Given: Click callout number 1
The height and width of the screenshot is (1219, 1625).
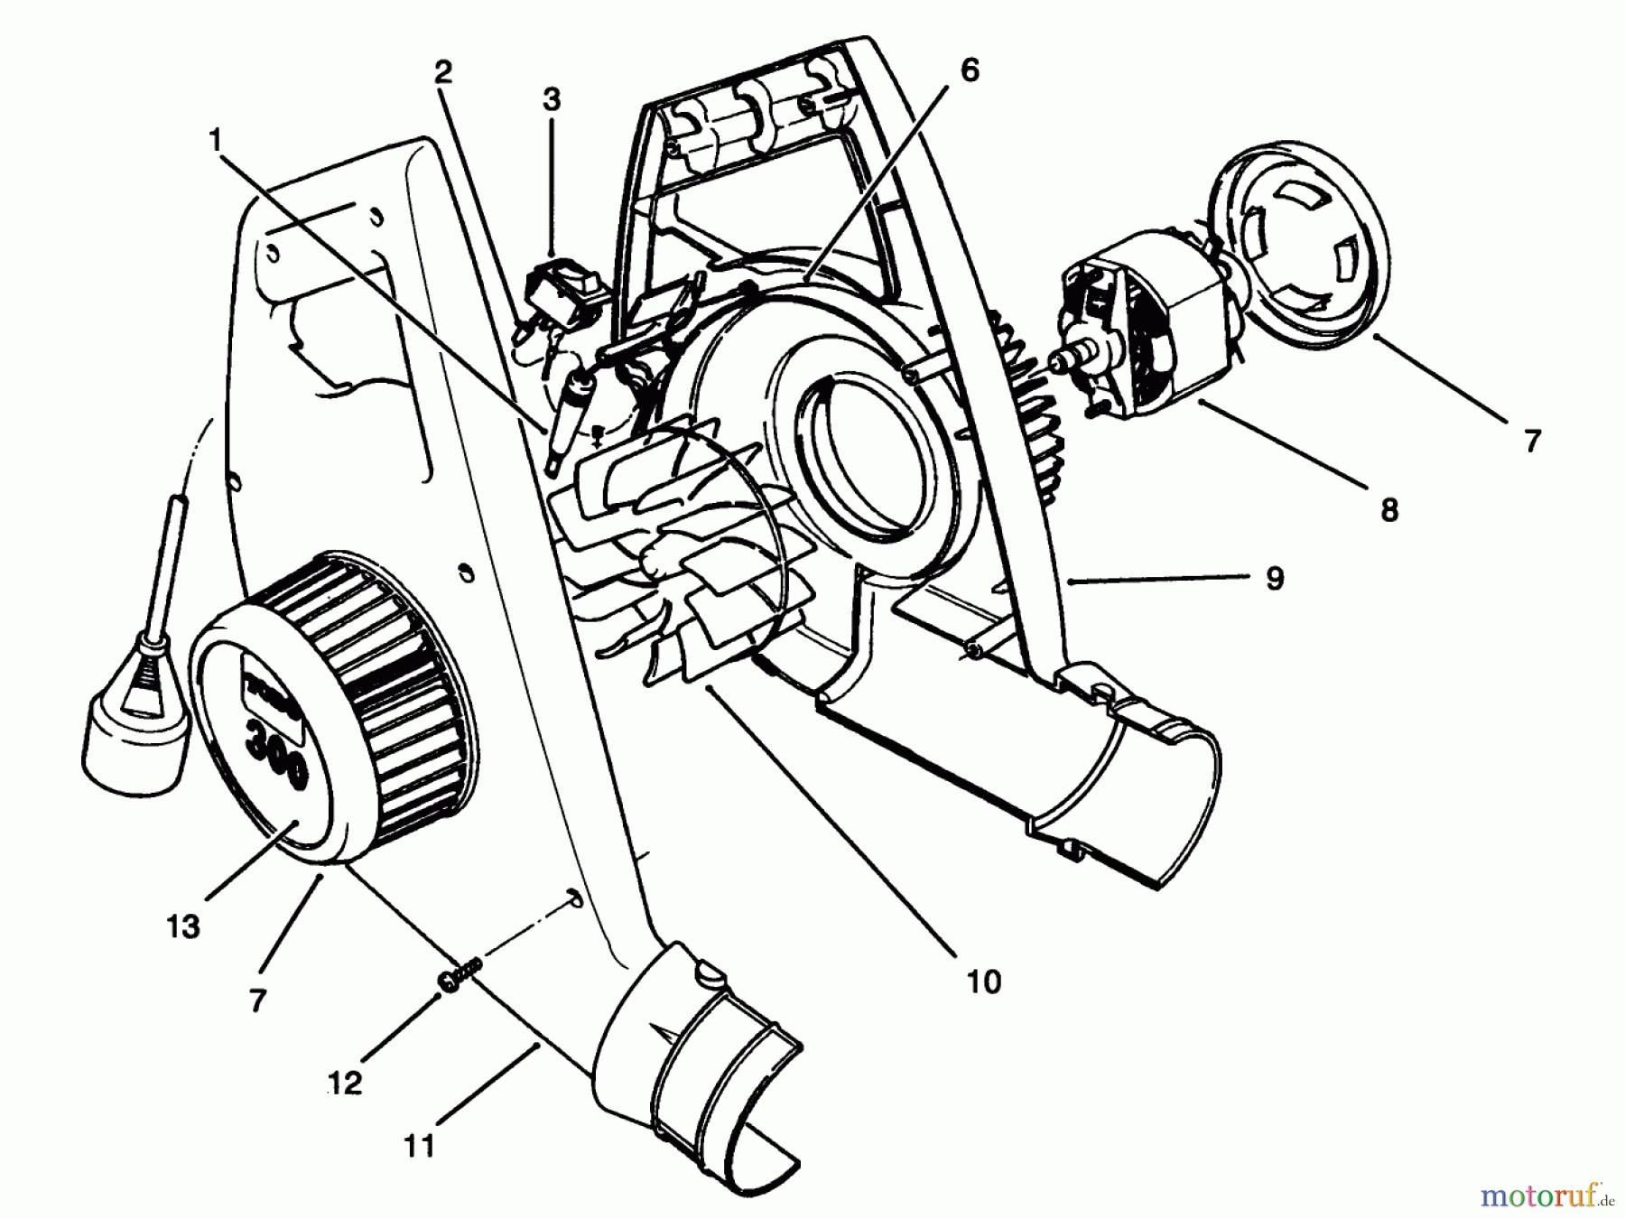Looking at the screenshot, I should click(x=214, y=139).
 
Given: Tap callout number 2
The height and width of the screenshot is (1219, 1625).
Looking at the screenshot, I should click(x=441, y=73).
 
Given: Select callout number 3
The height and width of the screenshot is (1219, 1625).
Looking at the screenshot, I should click(x=551, y=99).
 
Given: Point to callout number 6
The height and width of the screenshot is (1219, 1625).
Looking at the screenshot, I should click(x=969, y=70).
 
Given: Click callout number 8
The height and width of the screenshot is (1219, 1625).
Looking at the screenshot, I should click(x=1388, y=509).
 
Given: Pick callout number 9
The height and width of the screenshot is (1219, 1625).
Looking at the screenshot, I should click(x=1274, y=578).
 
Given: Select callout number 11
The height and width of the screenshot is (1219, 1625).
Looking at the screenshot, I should click(x=420, y=1146).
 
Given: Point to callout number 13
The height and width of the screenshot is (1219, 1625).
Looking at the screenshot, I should click(x=183, y=926).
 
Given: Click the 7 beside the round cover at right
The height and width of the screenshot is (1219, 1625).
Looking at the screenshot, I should click(x=1531, y=442).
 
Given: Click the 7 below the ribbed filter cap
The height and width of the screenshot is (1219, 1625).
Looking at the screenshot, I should click(x=257, y=1000).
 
